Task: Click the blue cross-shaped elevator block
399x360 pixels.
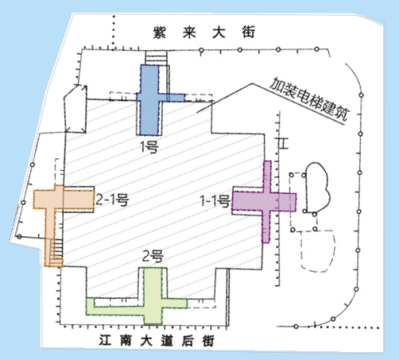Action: point(149,100)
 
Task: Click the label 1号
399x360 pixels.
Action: point(149,146)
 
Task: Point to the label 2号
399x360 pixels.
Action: point(153,256)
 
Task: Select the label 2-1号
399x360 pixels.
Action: point(112,200)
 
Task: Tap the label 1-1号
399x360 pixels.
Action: point(215,201)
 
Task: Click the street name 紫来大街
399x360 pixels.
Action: point(204,33)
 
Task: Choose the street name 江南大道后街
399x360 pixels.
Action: point(156,341)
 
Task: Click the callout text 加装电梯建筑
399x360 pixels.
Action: point(309,100)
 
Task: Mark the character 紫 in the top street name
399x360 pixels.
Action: point(160,33)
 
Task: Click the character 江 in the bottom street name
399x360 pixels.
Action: point(105,341)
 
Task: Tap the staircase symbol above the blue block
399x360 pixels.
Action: point(156,57)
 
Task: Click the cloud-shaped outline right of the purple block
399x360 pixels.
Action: point(318,187)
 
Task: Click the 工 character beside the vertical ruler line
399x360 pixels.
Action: point(283,144)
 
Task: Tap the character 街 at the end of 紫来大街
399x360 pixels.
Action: point(248,33)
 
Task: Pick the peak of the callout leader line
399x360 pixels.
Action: point(252,84)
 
